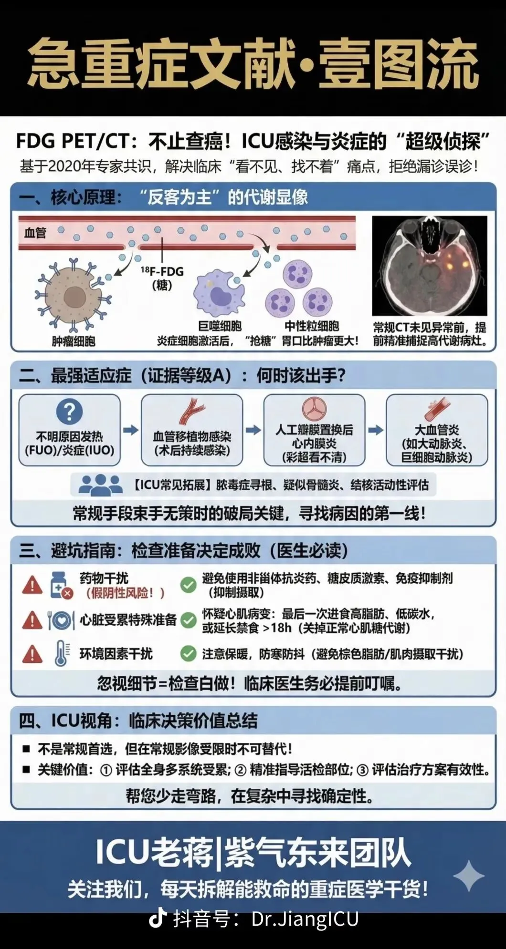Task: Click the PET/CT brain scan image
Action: click(x=430, y=266)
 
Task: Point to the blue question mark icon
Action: click(x=70, y=412)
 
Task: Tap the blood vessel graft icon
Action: click(x=192, y=412)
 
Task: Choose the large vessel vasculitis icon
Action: click(x=437, y=410)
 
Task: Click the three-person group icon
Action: click(x=100, y=485)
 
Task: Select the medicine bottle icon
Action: click(x=61, y=585)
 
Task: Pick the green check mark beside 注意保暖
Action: click(x=189, y=653)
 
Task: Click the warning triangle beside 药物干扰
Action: click(x=32, y=585)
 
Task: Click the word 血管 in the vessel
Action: click(x=35, y=233)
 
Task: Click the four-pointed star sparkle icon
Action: click(x=469, y=876)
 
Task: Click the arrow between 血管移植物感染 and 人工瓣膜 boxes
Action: click(x=253, y=430)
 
